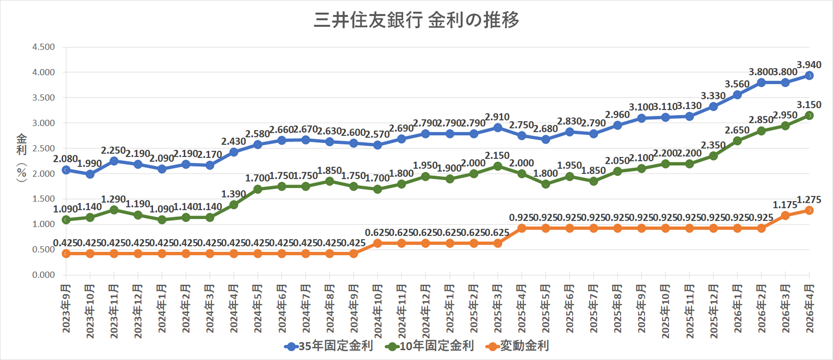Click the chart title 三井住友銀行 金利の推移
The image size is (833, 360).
click(416, 20)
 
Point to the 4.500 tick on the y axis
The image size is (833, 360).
click(43, 47)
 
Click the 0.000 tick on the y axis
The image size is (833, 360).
click(43, 275)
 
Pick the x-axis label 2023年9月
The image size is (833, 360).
click(66, 308)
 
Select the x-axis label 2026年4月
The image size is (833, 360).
click(809, 308)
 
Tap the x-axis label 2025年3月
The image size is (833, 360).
click(498, 308)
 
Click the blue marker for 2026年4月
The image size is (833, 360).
click(809, 75)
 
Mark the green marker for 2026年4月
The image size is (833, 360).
click(809, 115)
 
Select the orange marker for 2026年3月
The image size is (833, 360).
click(785, 216)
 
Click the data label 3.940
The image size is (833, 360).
click(809, 65)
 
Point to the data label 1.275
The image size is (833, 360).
click(809, 200)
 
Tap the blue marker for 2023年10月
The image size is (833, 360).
click(90, 174)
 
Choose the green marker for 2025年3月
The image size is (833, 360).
click(498, 166)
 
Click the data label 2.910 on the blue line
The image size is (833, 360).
click(497, 117)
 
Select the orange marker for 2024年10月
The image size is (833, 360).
click(377, 243)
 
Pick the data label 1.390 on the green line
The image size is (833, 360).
click(233, 194)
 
